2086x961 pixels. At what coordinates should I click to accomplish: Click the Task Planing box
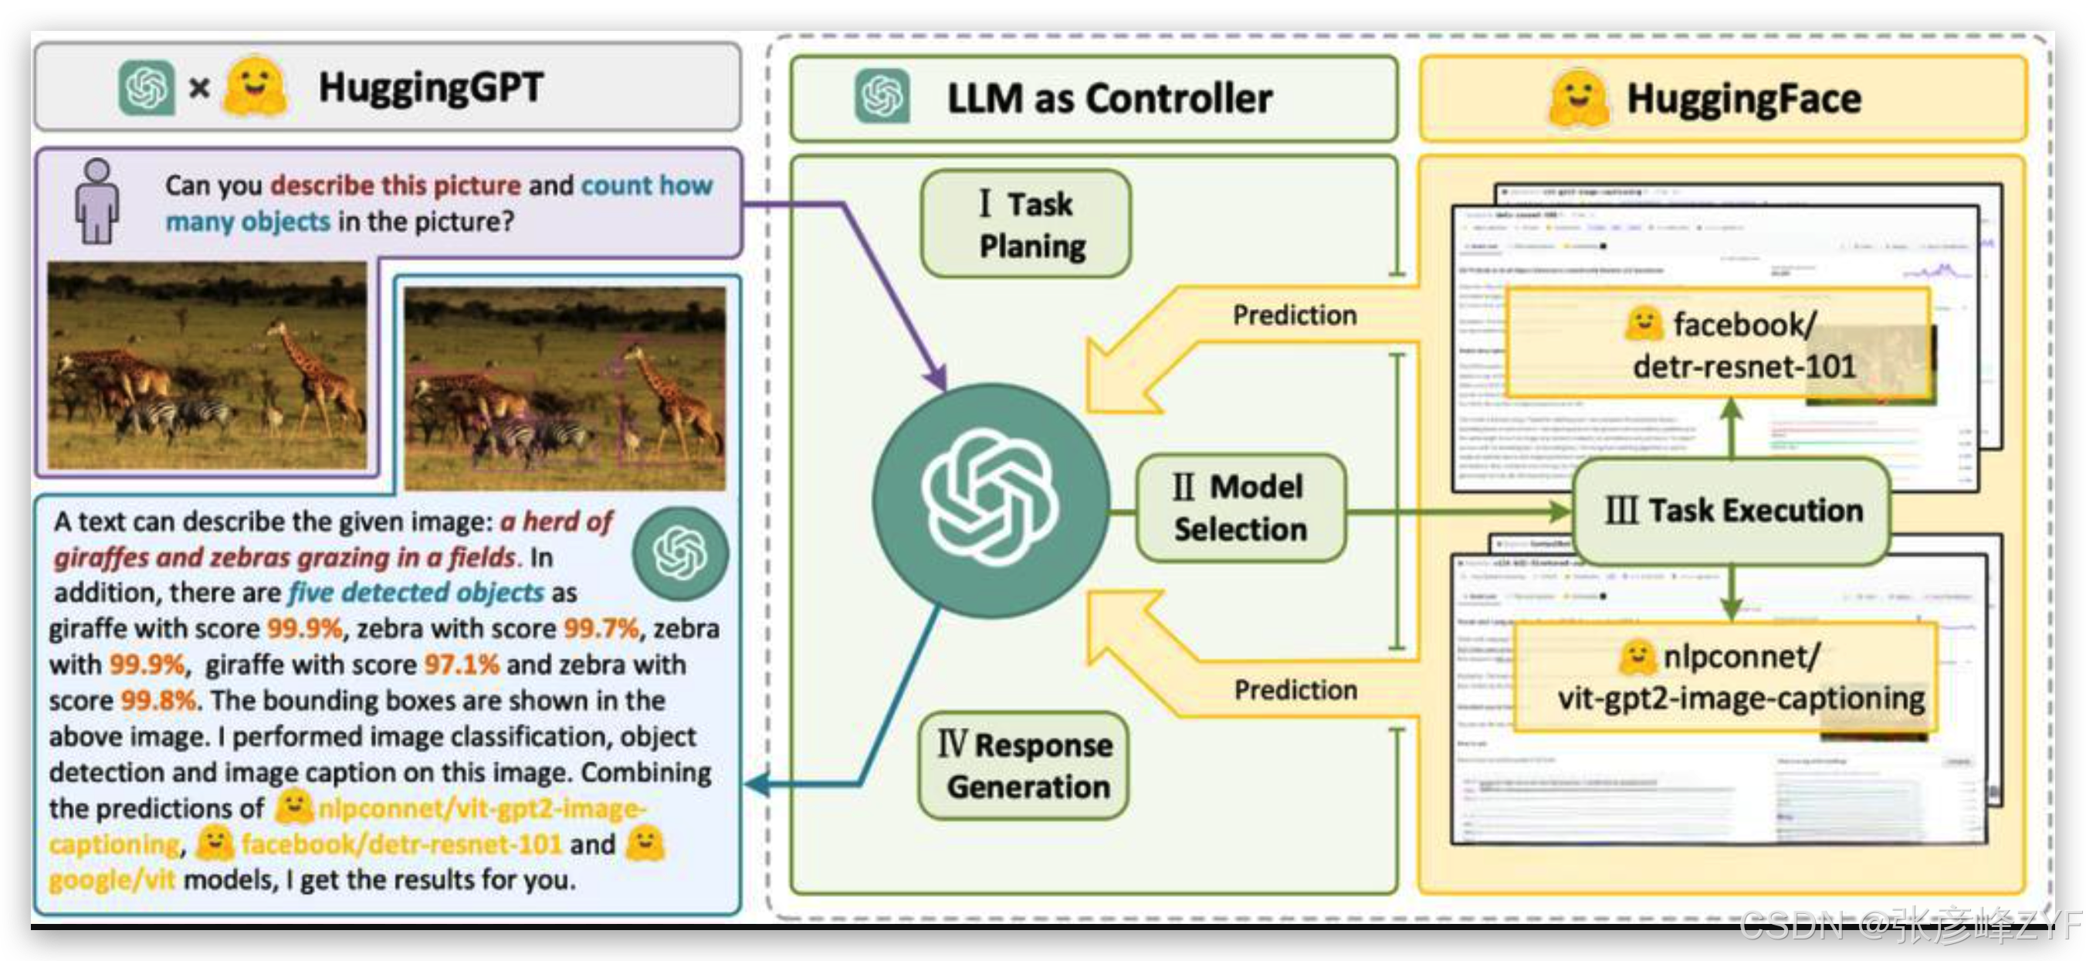[1026, 223]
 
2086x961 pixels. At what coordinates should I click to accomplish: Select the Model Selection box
[1240, 508]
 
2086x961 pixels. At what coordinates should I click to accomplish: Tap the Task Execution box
[1733, 511]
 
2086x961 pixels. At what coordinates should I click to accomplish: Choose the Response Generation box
[1025, 766]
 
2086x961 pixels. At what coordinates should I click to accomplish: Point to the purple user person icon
[97, 201]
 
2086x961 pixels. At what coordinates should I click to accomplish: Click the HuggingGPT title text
[430, 87]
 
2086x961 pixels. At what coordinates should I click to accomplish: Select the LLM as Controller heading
[1109, 99]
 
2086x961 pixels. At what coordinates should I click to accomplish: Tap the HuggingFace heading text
[1743, 99]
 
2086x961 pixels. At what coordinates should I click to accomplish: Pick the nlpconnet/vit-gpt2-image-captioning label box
[1725, 677]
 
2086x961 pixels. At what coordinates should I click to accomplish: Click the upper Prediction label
[1294, 314]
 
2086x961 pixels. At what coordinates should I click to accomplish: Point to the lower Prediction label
[1295, 690]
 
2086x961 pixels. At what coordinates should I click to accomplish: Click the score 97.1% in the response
[462, 664]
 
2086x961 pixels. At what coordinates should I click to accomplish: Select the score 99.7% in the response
[601, 628]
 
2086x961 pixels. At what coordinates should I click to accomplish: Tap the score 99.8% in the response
[158, 700]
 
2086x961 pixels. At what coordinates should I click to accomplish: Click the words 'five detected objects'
[416, 593]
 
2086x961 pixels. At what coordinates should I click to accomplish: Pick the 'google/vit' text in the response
[112, 879]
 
